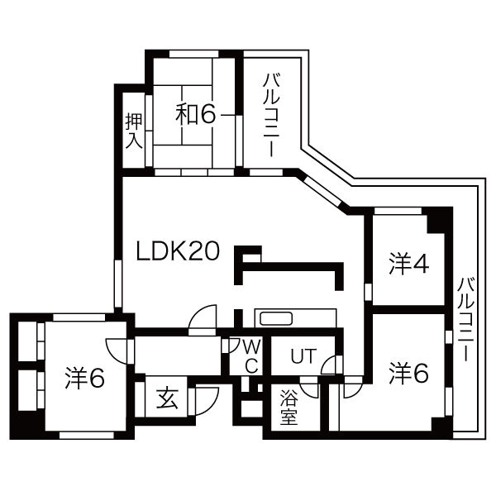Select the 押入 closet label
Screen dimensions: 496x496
click(134, 130)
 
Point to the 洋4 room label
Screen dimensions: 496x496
click(409, 265)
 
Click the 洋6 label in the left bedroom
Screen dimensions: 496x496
click(84, 379)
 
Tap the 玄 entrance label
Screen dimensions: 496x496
click(168, 398)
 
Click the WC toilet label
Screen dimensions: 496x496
click(251, 354)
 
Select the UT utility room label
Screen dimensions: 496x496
click(303, 356)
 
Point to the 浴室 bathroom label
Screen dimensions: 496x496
click(289, 406)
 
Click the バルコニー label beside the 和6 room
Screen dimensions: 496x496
click(270, 115)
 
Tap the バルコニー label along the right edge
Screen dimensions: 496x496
click(465, 322)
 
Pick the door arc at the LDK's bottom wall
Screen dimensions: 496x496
click(202, 318)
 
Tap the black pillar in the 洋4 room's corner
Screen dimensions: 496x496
click(437, 222)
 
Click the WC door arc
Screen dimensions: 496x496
click(231, 345)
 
